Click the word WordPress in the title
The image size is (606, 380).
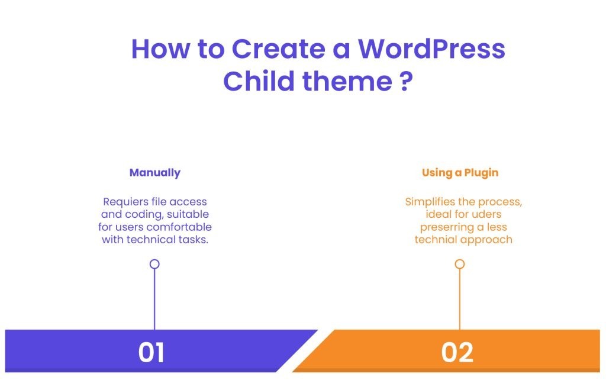[431, 49]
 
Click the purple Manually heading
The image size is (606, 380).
[154, 173]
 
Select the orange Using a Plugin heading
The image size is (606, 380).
[460, 173]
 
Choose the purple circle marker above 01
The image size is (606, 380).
[154, 264]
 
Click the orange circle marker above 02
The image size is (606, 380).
[459, 264]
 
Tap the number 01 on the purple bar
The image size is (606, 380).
[151, 352]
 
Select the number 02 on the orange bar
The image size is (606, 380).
[457, 352]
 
